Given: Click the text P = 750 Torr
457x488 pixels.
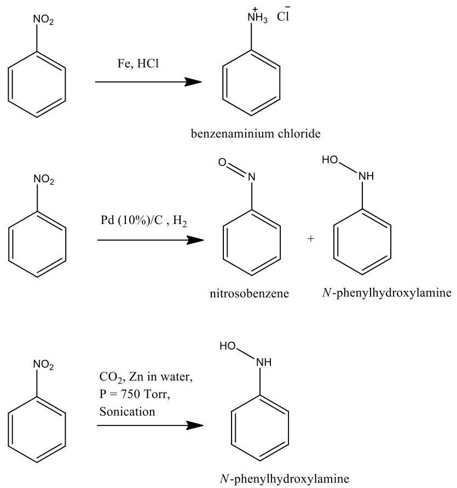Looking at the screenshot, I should tap(132, 397).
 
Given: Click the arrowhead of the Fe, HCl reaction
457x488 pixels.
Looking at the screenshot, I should tap(192, 82).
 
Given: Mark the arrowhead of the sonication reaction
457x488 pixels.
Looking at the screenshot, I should tap(192, 426).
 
